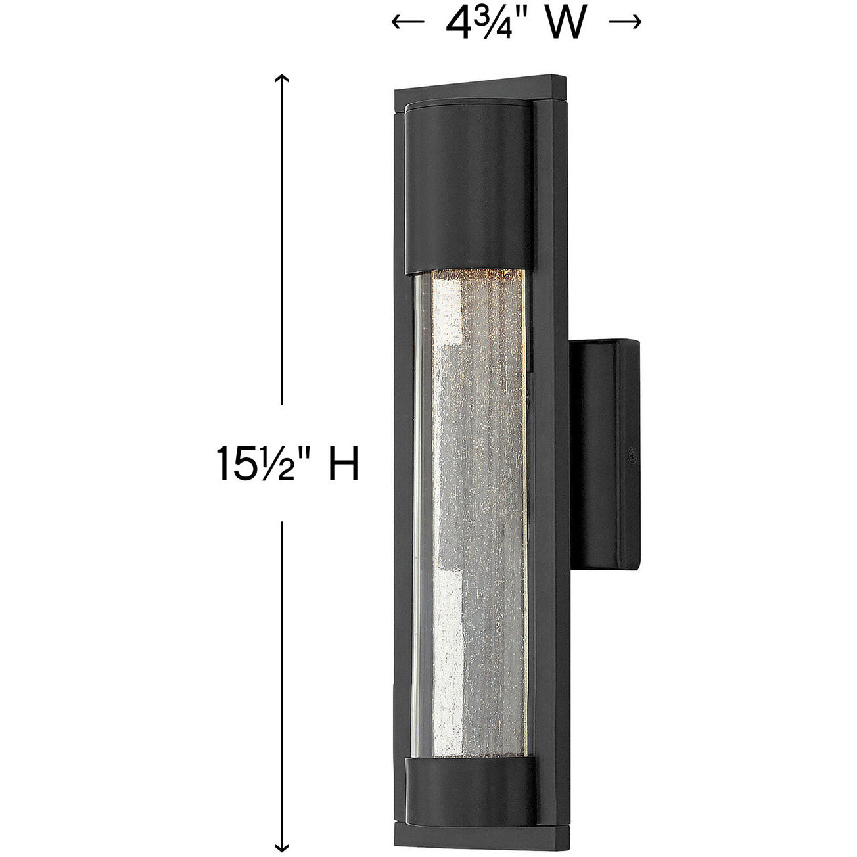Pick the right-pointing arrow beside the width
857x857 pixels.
624,23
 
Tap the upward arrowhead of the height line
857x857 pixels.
282,80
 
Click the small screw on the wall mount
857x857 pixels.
632,452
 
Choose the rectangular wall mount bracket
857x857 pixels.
608,453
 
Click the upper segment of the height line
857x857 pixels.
282,250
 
